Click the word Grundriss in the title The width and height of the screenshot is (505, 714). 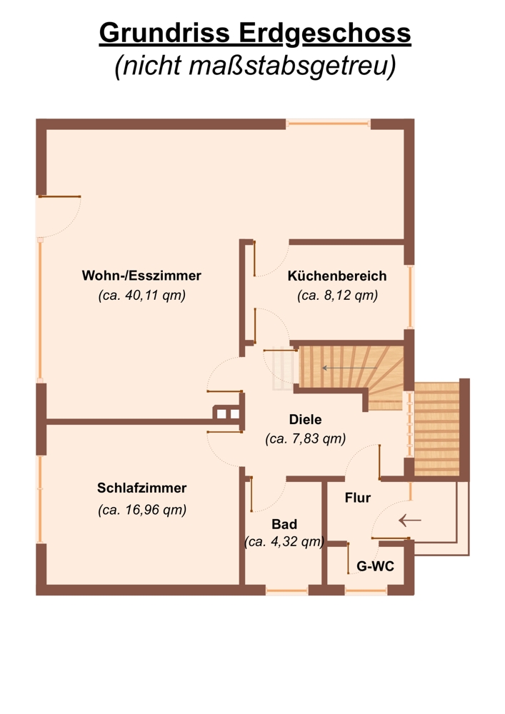164,34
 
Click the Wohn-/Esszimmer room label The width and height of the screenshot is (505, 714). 141,276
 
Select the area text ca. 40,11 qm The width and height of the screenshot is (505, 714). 142,296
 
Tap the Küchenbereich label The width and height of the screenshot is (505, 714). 337,276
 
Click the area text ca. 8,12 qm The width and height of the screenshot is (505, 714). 337,296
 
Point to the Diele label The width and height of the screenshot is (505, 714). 306,419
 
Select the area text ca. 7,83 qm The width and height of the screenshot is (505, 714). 306,438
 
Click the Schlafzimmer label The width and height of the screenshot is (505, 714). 141,488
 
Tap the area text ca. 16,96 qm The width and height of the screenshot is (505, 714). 142,510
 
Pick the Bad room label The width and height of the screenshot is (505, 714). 284,524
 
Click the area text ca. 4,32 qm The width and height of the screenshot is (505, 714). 284,542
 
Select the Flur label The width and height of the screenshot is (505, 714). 358,498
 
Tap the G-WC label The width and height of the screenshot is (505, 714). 375,566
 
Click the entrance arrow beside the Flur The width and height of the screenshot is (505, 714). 410,520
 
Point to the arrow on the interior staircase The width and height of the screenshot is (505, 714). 349,368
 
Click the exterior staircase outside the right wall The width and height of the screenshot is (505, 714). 437,429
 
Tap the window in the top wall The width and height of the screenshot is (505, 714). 329,123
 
